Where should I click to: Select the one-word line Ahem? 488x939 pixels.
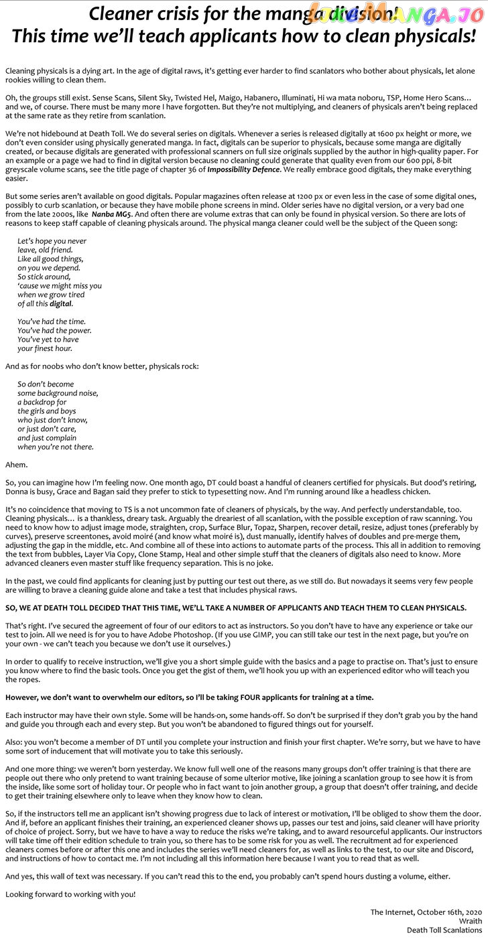[16, 464]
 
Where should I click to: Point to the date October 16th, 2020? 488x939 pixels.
[449, 912]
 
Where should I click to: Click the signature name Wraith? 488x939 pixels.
[470, 921]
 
